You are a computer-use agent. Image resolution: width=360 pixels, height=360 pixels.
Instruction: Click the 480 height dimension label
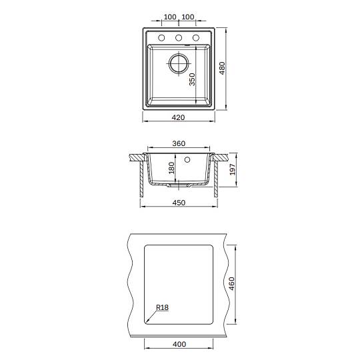pyautogui.click(x=222, y=68)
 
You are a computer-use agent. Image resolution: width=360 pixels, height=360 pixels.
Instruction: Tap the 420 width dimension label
pyautogui.click(x=178, y=117)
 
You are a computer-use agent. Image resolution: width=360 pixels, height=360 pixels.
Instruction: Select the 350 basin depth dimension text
pyautogui.click(x=192, y=79)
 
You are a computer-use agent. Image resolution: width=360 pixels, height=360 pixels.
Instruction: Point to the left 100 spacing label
pyautogui.click(x=170, y=17)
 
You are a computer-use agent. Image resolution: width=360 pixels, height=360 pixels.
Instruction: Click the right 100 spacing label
pyautogui.click(x=188, y=17)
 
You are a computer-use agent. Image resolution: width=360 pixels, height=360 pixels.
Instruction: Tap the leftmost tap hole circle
pyautogui.click(x=161, y=37)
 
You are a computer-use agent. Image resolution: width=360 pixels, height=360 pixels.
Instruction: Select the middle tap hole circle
pyautogui.click(x=179, y=37)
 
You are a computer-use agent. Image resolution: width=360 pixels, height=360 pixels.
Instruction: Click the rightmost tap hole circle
pyautogui.click(x=196, y=37)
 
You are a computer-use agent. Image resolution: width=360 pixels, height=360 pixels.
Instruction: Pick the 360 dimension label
pyautogui.click(x=179, y=143)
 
